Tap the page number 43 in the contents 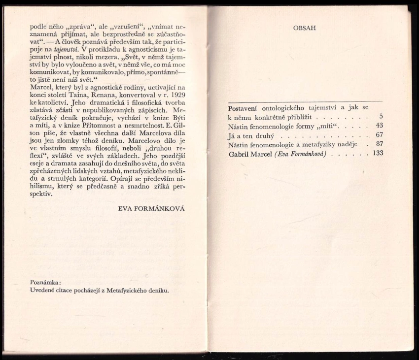pos(379,126)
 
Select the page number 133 pos(378,154)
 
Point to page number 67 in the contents pos(379,135)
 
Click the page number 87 pos(379,144)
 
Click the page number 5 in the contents pos(381,116)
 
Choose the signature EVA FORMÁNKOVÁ pos(152,208)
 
